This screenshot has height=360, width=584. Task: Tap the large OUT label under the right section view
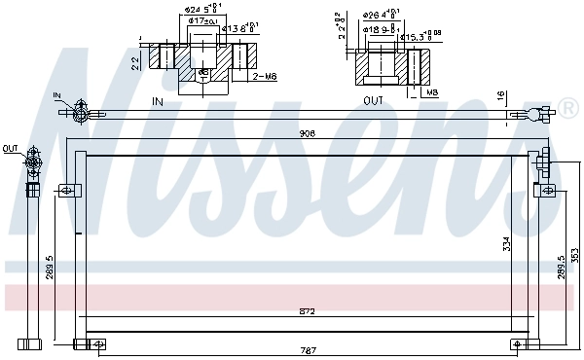click(373, 101)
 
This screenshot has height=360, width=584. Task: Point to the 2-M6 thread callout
click(264, 75)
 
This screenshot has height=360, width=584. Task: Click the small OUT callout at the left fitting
click(10, 148)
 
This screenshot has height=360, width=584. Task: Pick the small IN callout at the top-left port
click(57, 95)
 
